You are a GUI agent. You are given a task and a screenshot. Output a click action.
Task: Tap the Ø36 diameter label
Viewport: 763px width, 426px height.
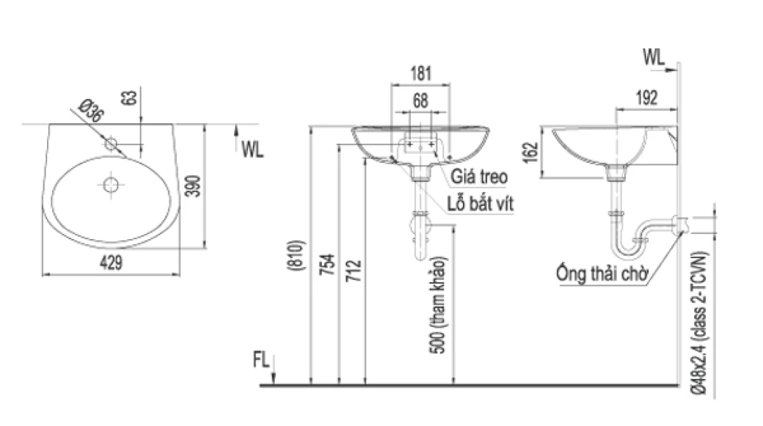[x=90, y=114]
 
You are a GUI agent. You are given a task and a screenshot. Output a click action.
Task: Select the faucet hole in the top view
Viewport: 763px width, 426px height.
[x=112, y=144]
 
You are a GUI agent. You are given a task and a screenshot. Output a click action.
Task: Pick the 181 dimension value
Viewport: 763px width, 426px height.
[x=420, y=73]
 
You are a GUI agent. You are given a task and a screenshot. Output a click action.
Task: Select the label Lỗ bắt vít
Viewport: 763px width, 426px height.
[x=481, y=204]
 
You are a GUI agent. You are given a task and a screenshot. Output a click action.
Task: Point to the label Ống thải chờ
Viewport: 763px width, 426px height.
[x=601, y=276]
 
